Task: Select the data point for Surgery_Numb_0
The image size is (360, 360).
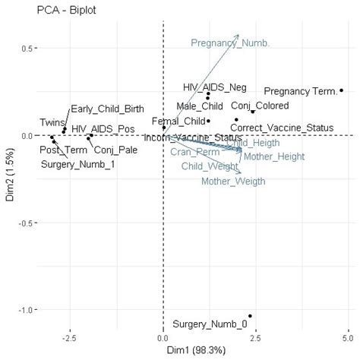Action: pos(250,316)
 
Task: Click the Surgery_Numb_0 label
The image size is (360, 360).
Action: pos(210,324)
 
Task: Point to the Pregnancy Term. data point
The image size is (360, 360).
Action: pos(342,90)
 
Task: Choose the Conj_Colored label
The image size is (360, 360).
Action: pos(260,106)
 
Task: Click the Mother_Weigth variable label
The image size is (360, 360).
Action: pos(233,182)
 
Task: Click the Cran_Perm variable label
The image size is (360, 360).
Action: pos(194,153)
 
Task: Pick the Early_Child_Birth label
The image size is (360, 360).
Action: pos(107,109)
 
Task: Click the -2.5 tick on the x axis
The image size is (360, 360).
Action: pos(70,336)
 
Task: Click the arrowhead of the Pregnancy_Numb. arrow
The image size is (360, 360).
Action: pos(238,35)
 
